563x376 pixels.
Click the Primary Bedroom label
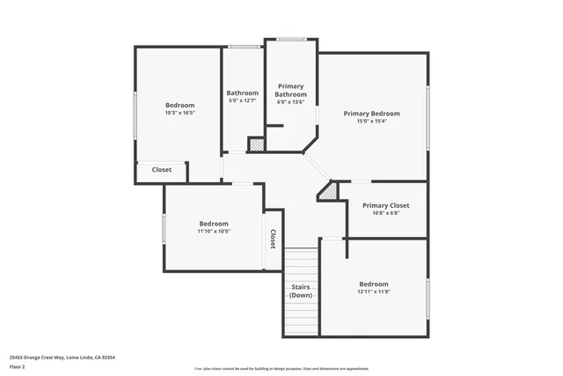(371, 114)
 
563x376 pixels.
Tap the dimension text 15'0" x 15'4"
(371, 122)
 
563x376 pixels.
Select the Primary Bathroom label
(290, 91)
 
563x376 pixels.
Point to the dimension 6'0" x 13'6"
(290, 102)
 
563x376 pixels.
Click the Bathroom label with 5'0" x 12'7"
(243, 92)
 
